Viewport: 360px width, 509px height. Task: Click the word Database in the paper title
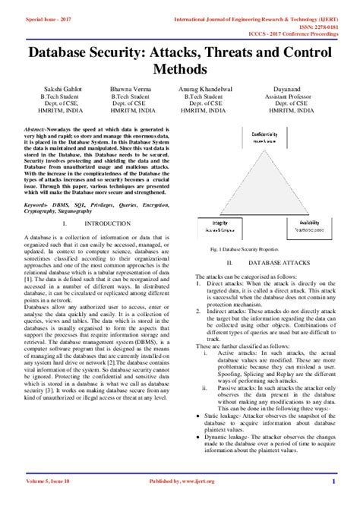pos(65,55)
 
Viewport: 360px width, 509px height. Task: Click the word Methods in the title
pos(179,70)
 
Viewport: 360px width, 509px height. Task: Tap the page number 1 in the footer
pos(333,501)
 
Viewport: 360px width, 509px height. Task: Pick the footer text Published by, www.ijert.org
pos(180,501)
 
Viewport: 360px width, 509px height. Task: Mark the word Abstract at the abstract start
pos(37,130)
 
